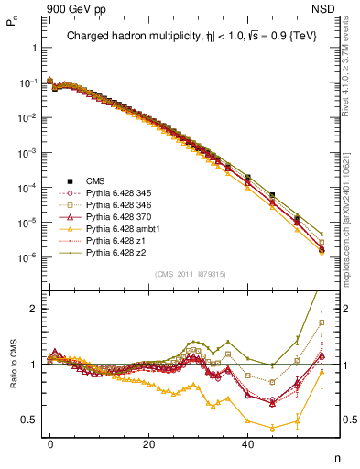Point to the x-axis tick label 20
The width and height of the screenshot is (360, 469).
148,443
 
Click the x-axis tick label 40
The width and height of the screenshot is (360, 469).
247,443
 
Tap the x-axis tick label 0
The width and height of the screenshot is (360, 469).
50,443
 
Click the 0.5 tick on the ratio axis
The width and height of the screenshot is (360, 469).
29,420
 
